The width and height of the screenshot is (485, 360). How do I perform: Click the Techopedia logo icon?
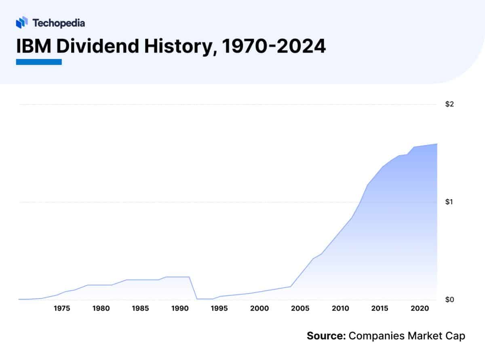pos(21,23)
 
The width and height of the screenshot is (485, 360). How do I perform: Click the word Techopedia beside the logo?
pos(59,23)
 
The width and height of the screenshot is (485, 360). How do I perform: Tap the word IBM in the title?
pos(34,47)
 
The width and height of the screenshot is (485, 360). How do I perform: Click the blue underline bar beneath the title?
pos(39,62)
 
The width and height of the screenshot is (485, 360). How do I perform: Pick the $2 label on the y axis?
pos(449,104)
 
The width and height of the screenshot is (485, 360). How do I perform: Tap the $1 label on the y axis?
pos(449,202)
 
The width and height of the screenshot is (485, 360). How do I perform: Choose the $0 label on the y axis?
pos(449,300)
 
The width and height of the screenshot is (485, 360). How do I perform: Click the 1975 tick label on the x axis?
pos(61,309)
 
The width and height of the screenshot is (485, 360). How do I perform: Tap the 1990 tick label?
pos(180,309)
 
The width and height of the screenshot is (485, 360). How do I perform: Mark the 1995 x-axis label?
pos(219,309)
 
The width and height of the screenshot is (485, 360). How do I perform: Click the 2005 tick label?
pos(299,309)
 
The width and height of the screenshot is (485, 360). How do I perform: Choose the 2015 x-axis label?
pos(379,309)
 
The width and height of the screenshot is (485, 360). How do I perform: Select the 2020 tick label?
pos(419,309)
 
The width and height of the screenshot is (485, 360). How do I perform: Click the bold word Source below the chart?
pos(326,336)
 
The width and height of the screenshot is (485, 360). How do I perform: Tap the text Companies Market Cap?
pos(407,336)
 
